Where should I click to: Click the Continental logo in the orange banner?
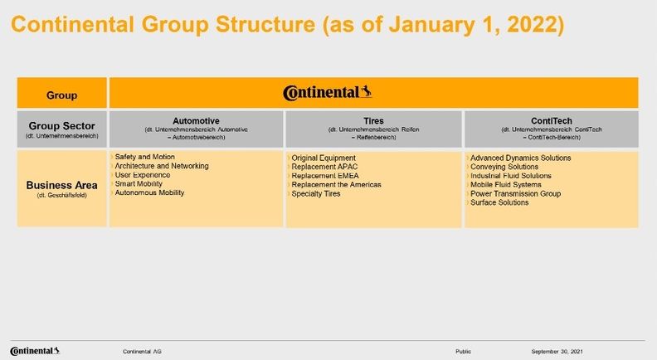[327, 93]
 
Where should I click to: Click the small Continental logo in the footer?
[35, 351]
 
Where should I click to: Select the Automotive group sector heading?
[196, 120]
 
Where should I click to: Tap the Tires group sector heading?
[374, 120]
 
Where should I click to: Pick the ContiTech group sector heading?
[551, 120]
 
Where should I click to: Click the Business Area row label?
[61, 185]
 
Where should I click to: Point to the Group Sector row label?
[61, 125]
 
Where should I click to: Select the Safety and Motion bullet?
[144, 157]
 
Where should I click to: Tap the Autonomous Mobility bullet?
[149, 193]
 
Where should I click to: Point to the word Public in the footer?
[464, 352]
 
